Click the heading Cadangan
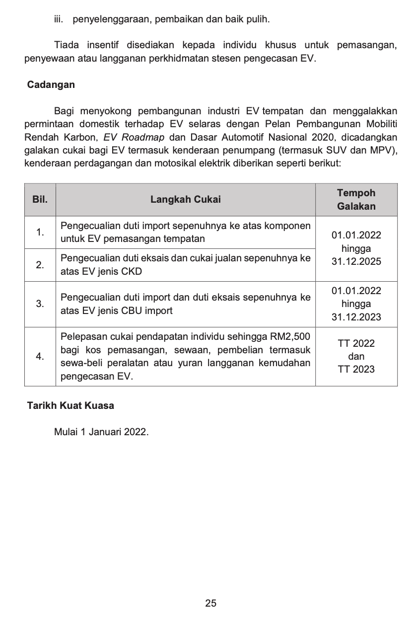[51, 84]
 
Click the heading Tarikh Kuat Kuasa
[70, 405]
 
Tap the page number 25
[210, 603]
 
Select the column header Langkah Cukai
[186, 200]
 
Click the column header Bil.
[40, 200]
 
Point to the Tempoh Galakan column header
[356, 199]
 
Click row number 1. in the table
[40, 232]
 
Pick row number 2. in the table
[40, 265]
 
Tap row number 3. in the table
[40, 304]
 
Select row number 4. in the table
[40, 357]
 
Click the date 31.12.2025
[356, 262]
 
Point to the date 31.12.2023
[356, 317]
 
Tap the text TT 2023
[356, 369]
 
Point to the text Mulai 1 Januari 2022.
[101, 432]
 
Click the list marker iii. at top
[60, 20]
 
